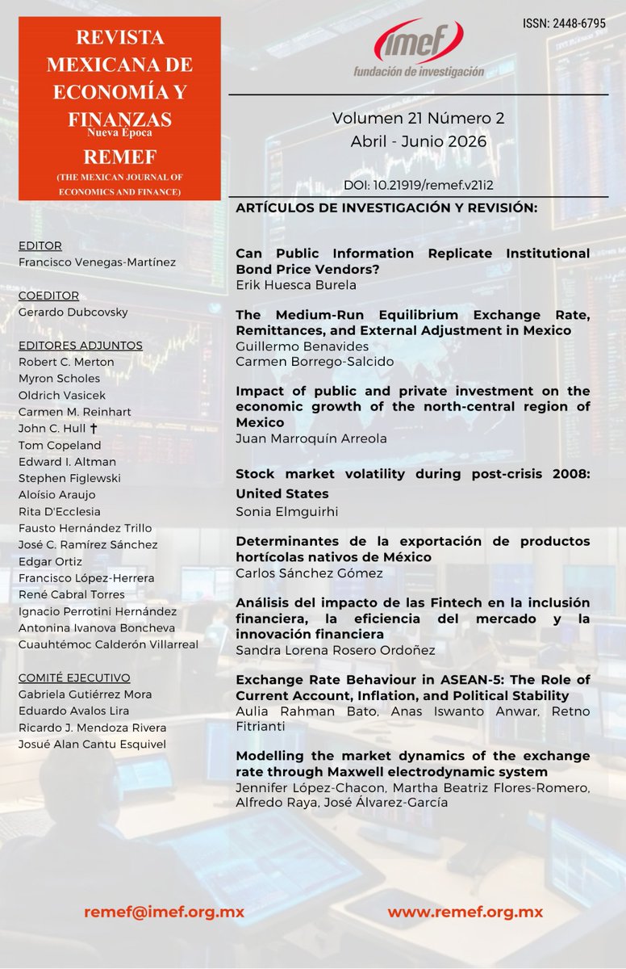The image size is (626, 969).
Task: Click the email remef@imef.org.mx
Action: point(164,912)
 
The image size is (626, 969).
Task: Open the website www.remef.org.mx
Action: point(465,912)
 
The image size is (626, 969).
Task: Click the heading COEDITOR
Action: point(48,296)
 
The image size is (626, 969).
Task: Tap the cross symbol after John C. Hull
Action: point(94,429)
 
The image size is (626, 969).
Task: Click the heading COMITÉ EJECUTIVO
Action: point(73,677)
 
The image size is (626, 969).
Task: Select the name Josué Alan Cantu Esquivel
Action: point(91,744)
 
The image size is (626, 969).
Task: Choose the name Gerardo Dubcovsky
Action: point(73,313)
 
